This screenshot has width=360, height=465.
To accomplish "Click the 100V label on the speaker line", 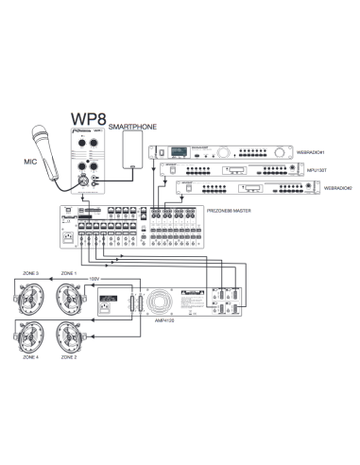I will click(x=94, y=280).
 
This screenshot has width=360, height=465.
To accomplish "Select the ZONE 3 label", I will click(x=29, y=272).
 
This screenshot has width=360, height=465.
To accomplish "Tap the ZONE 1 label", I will click(x=69, y=272).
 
